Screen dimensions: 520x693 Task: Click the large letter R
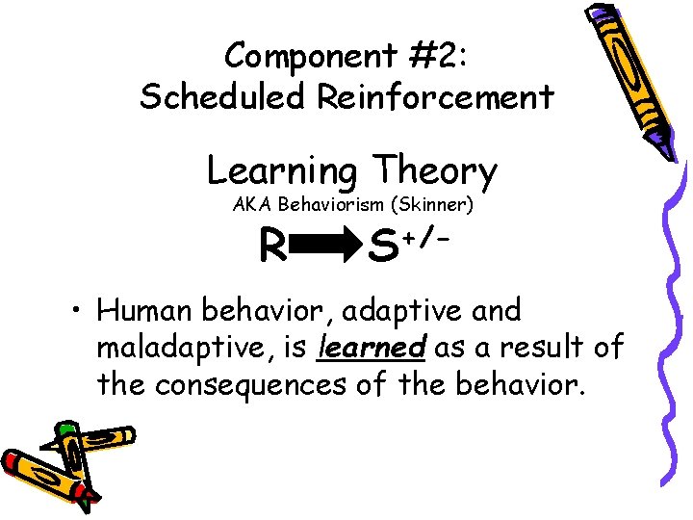point(272,249)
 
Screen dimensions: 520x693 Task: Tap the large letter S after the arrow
point(383,249)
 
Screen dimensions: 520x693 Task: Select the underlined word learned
point(372,347)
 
